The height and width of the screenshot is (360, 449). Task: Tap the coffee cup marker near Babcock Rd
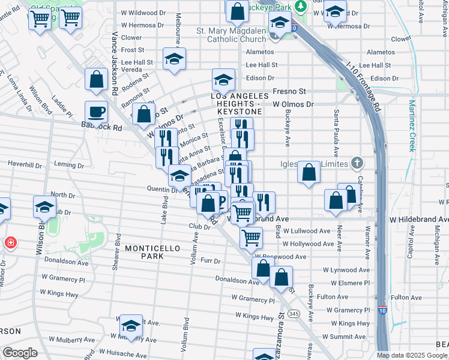coord(96,111)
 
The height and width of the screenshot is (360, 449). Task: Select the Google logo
coord(20,353)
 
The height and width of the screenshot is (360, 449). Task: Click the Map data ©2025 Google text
coord(412,355)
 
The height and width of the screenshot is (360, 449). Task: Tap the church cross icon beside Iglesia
coord(357,163)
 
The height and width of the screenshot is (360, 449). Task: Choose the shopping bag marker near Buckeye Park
coord(238,10)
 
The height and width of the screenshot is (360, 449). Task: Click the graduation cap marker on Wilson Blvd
coord(44,207)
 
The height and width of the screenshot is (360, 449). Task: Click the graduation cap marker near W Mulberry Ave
coord(131,326)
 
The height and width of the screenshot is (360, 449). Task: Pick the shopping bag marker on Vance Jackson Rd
coord(96,79)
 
